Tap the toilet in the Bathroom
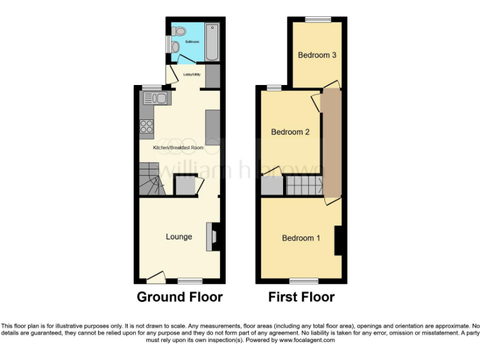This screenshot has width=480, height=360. [179, 31]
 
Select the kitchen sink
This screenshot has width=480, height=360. [156, 97]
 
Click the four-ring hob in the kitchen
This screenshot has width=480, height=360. [147, 127]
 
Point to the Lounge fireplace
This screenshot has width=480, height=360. [215, 237]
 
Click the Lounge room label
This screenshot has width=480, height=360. [179, 237]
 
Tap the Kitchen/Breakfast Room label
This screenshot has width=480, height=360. [179, 147]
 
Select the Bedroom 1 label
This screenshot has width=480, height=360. [301, 238]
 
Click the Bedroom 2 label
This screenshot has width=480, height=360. [290, 132]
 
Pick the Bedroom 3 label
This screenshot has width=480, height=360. [317, 55]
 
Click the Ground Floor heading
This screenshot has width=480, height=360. [180, 297]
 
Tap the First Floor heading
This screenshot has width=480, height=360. [301, 297]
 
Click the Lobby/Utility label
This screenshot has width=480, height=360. [191, 75]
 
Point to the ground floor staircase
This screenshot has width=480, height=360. [152, 178]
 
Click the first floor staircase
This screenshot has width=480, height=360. [304, 186]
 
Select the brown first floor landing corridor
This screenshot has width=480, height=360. [331, 144]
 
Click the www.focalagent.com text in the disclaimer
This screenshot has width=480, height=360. [307, 341]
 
